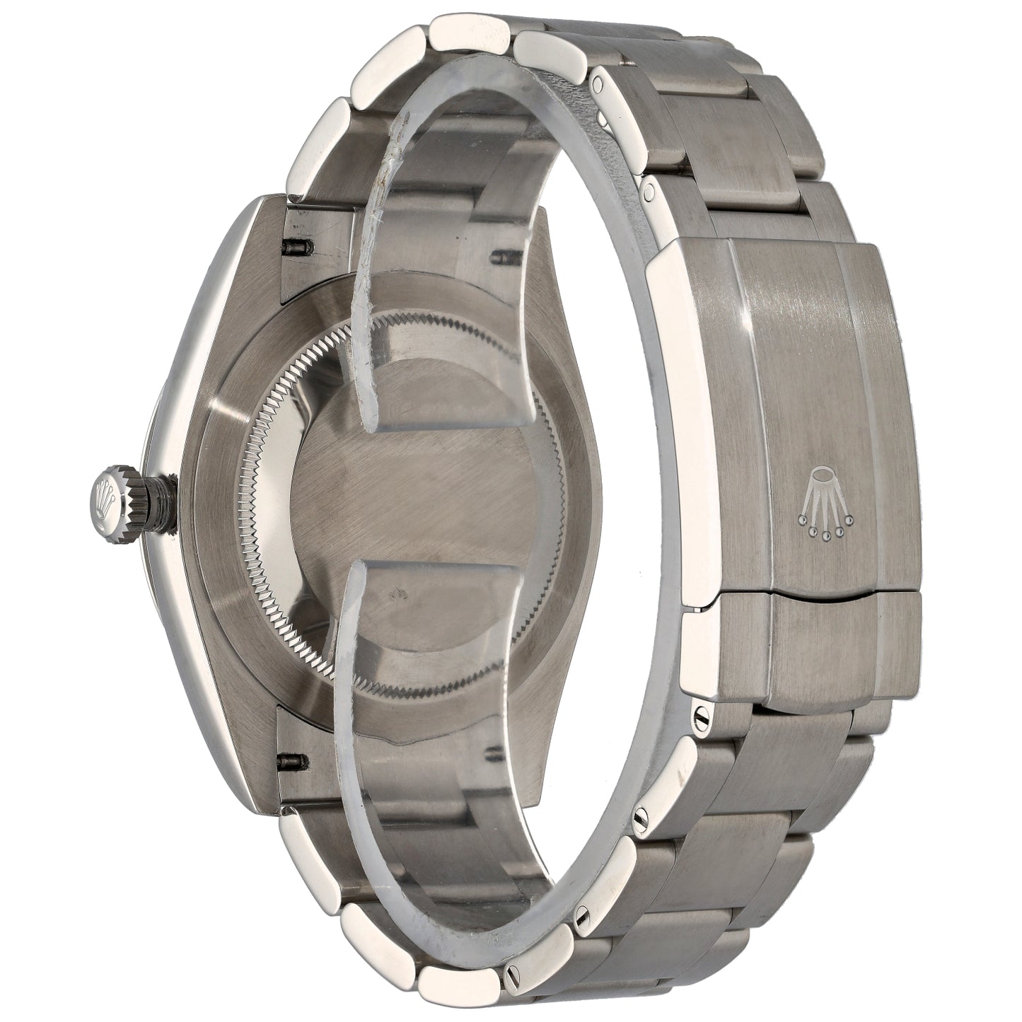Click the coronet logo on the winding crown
(x=108, y=492)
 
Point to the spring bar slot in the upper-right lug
(x=504, y=252)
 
